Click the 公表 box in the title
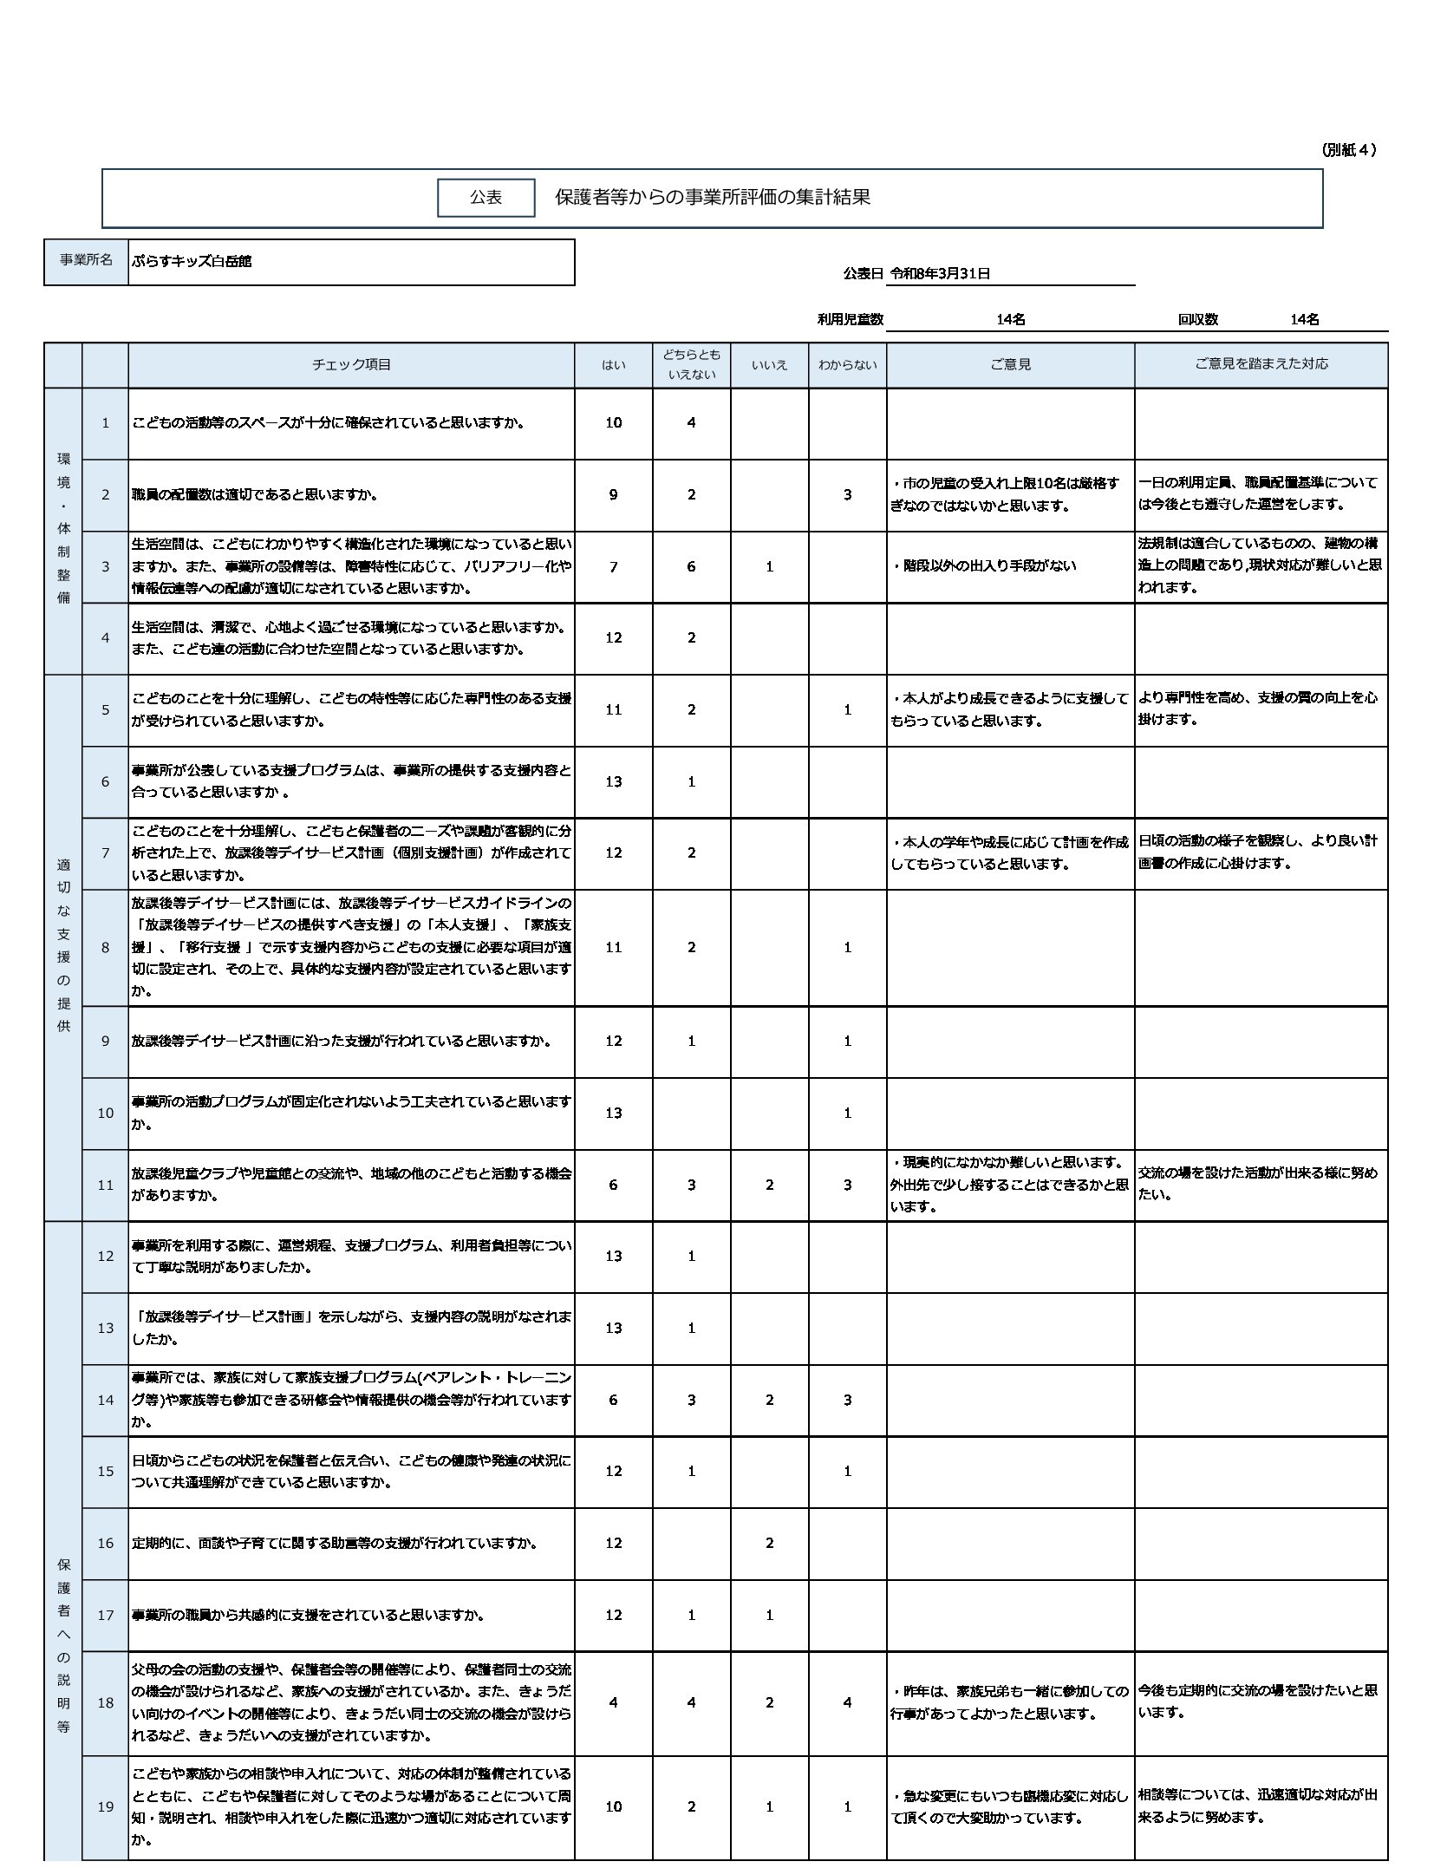pos(486,198)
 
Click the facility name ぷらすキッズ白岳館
pos(192,261)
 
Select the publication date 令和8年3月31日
pos(940,274)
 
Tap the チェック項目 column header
pos(351,365)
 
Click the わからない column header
pos(847,365)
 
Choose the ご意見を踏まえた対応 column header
pos(1261,364)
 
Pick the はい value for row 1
pos(614,423)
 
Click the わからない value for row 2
pos(847,495)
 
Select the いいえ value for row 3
pos(769,567)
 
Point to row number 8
pos(106,948)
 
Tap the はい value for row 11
pos(614,1185)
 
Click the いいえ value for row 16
pos(769,1543)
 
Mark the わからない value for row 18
pos(847,1702)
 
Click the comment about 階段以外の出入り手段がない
pos(983,566)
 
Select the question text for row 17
pos(308,1615)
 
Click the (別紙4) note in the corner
pos(1349,150)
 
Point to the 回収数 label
pos(1197,320)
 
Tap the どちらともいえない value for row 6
pos(691,782)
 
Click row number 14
pos(106,1400)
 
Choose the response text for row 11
pos(1257,1184)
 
